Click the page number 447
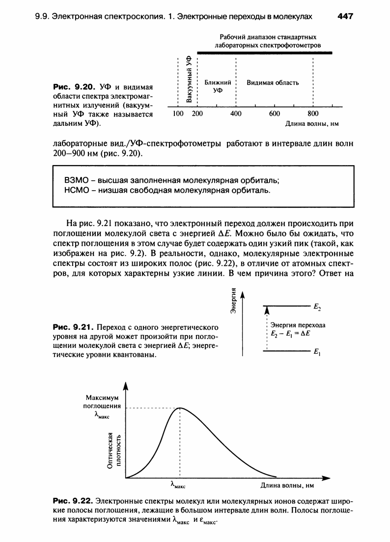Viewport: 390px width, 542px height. [346, 16]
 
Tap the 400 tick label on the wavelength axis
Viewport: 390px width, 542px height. [236, 114]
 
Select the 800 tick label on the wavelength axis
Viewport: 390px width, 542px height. [313, 114]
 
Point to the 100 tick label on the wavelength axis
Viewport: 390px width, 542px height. [178, 114]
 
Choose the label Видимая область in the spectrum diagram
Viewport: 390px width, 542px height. [273, 83]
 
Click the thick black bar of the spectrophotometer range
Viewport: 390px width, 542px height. [265, 52]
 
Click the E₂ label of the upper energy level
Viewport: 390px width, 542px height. [317, 307]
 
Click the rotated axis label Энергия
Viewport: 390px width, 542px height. [234, 302]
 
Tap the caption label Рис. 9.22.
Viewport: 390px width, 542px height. [73, 501]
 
